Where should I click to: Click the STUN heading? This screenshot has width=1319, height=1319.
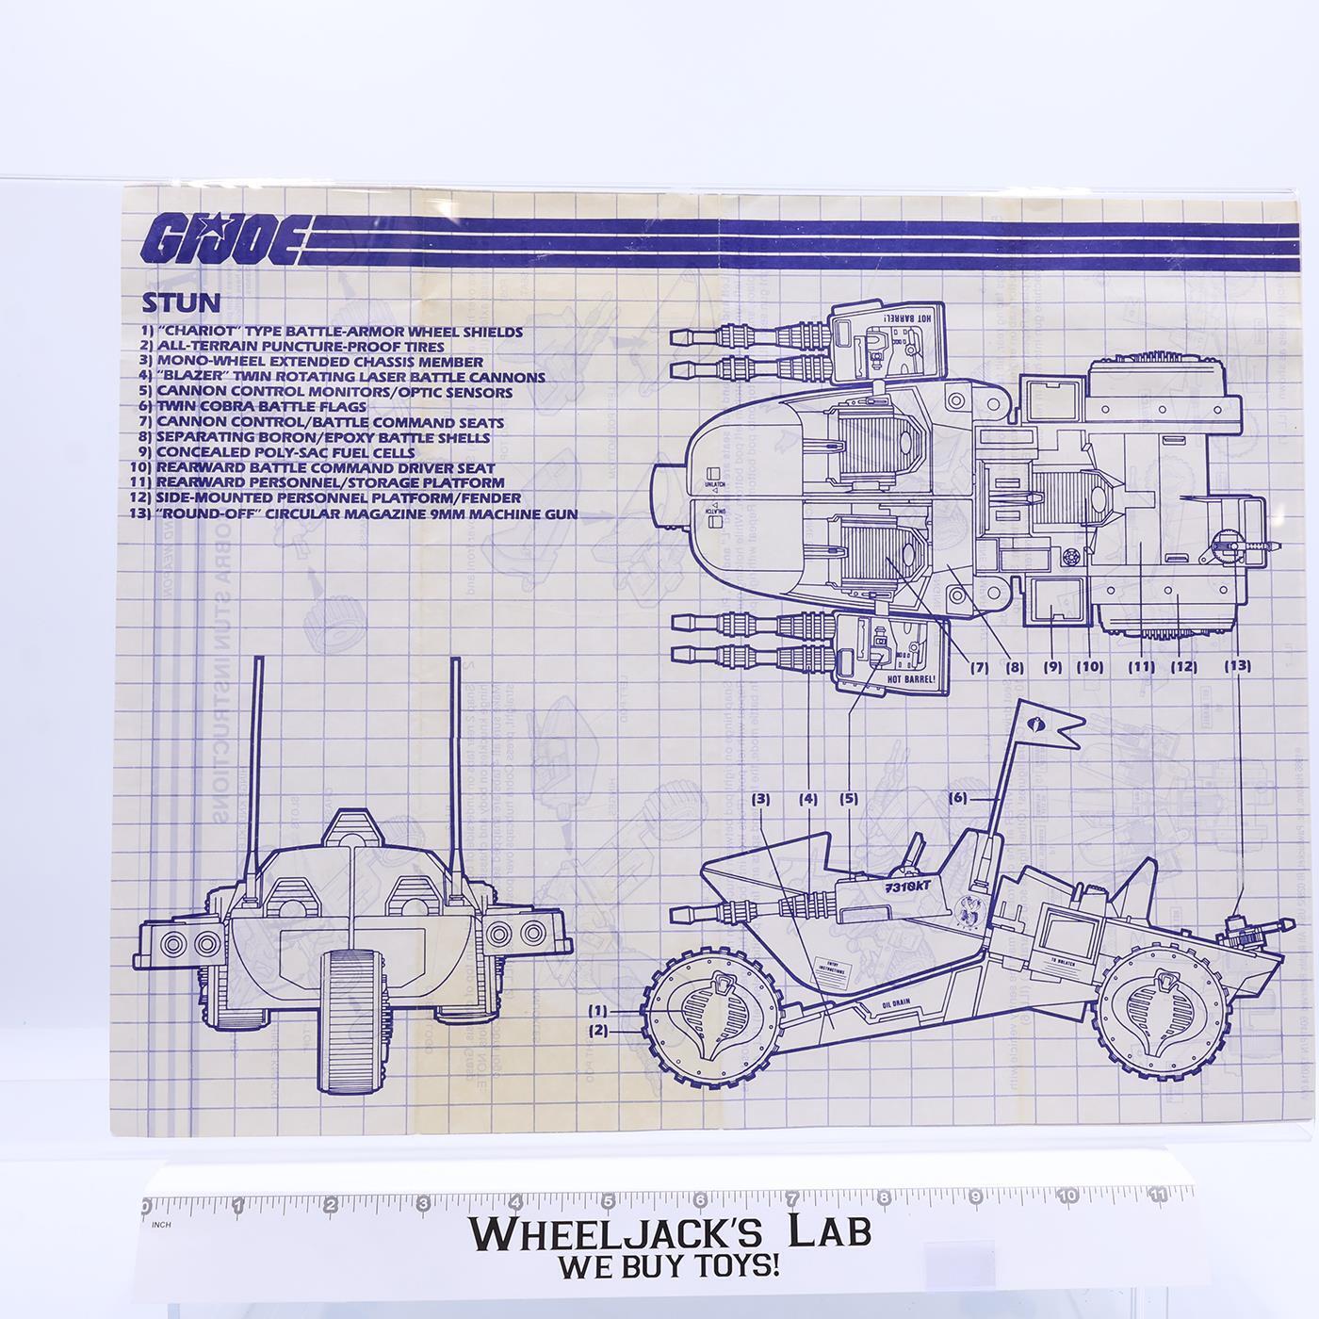pyautogui.click(x=181, y=302)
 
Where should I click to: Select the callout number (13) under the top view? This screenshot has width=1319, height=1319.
pyautogui.click(x=1237, y=665)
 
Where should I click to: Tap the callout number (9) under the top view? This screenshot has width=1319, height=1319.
pyautogui.click(x=1052, y=666)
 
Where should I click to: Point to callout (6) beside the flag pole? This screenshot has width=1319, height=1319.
pyautogui.click(x=957, y=797)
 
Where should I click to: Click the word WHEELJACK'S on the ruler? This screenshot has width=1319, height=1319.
pyautogui.click(x=604, y=1230)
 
